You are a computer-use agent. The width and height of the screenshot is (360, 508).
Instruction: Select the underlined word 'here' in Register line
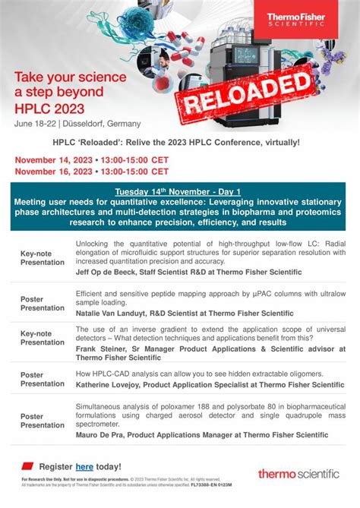tap(84, 467)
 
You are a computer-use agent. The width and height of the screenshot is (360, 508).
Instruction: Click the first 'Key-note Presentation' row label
tap(43, 257)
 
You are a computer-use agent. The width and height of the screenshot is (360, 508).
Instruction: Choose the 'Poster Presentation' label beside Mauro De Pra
tap(43, 421)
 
